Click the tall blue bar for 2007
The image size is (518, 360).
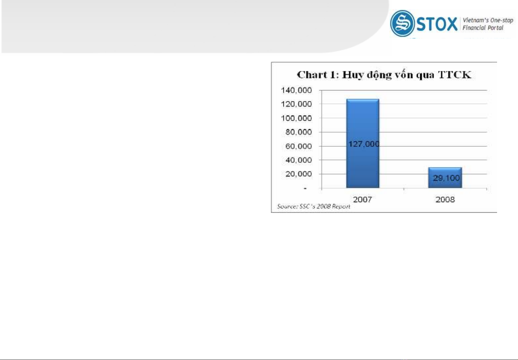363,143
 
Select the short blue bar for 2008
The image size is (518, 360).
445,178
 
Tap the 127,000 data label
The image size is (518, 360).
364,144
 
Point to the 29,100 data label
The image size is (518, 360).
446,178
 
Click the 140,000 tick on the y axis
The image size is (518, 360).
296,90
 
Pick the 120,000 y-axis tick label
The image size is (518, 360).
296,104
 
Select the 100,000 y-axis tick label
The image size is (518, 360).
296,118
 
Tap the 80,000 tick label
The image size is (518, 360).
298,132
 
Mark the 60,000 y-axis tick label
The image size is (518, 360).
298,146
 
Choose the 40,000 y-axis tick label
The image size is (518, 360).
298,160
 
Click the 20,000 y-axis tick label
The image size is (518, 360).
298,174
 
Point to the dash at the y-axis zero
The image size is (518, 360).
305,189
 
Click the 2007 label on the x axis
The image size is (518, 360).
362,199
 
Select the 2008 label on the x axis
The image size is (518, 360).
445,199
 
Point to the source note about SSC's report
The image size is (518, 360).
313,206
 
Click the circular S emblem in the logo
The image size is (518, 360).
402,23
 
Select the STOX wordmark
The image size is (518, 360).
437,24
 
